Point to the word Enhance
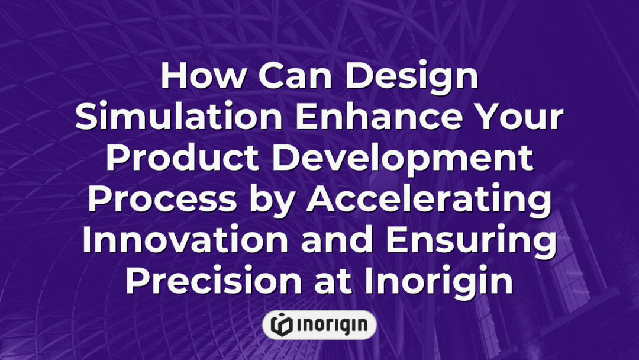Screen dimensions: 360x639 pos(373,118)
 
